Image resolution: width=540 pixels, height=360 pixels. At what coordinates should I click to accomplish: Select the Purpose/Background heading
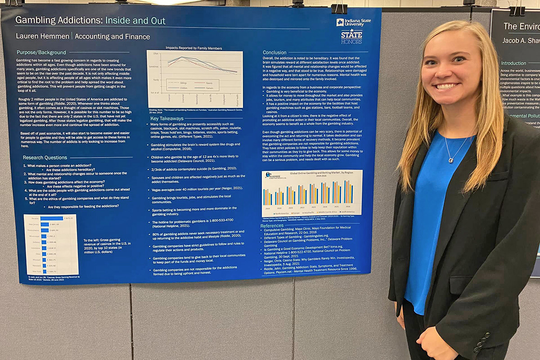(x=41, y=52)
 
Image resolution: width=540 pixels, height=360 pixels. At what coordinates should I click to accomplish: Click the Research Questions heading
(x=45, y=157)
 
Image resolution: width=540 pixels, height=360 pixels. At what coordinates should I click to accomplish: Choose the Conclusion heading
(x=274, y=53)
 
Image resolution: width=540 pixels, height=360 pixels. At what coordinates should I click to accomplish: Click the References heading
(x=272, y=225)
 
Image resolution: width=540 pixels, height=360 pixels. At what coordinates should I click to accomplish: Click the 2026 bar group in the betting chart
(x=348, y=192)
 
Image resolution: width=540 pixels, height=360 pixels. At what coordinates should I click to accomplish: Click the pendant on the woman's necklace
(x=450, y=160)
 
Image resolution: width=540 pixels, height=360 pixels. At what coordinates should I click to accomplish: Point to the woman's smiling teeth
(x=446, y=85)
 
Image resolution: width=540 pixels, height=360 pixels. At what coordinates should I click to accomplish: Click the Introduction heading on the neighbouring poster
(x=513, y=63)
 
